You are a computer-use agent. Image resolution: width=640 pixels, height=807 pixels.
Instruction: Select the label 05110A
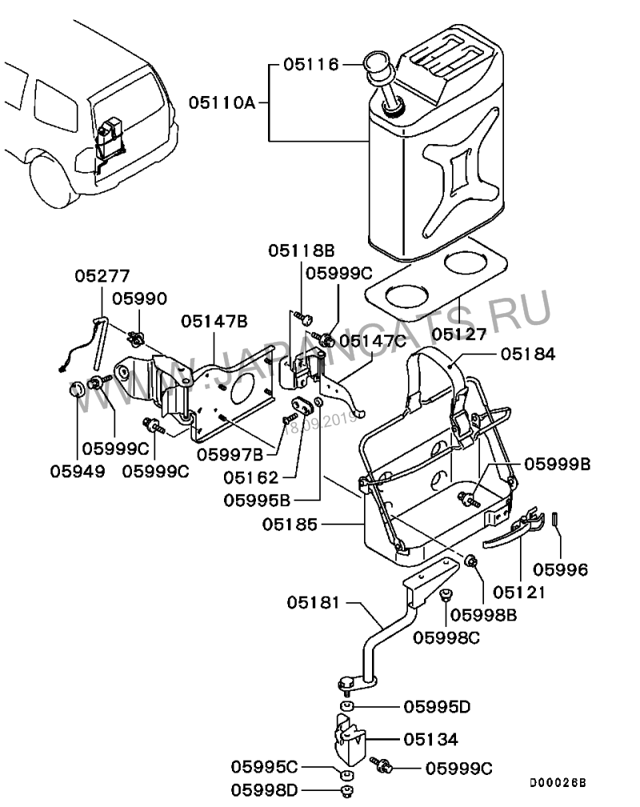click(222, 102)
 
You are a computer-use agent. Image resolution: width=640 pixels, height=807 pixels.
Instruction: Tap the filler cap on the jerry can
click(376, 63)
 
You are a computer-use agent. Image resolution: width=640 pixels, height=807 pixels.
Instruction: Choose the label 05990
click(139, 299)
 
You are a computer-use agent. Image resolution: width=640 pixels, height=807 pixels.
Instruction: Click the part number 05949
click(78, 472)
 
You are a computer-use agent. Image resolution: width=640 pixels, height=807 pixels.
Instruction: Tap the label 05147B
click(214, 322)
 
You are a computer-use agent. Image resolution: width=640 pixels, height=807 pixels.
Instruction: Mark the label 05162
click(250, 478)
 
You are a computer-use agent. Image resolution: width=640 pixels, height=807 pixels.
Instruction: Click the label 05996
click(561, 570)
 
